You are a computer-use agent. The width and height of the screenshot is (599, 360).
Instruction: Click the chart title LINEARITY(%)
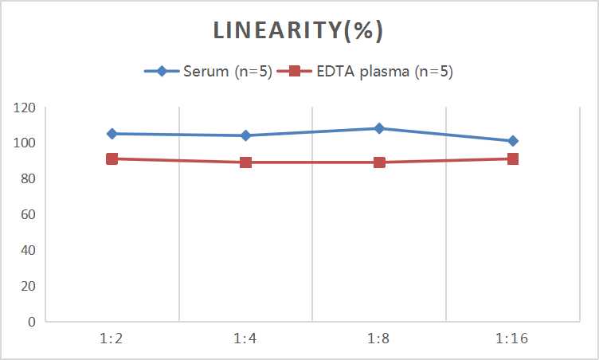[x=299, y=31]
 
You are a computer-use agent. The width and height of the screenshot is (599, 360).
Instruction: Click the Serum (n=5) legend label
[x=225, y=72]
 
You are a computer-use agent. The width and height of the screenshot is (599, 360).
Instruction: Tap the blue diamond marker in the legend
[x=162, y=72]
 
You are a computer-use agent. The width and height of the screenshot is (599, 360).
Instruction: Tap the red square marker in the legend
[x=294, y=72]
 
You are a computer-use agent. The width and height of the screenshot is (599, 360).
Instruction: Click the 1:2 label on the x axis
[x=112, y=338]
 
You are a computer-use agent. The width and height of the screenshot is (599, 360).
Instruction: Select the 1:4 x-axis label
[x=245, y=338]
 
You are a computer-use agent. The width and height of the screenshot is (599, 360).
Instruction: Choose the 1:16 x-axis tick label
[x=513, y=338]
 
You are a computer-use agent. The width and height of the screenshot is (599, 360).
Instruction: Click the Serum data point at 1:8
[x=379, y=128]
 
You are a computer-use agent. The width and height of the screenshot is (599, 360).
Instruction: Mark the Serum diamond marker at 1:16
[x=513, y=141]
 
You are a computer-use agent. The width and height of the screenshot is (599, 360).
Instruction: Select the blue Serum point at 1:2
[x=112, y=134]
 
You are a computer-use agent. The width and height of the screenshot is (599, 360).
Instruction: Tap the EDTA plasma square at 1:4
[x=245, y=162]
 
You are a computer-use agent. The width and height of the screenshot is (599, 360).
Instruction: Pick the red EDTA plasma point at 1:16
[x=513, y=158]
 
